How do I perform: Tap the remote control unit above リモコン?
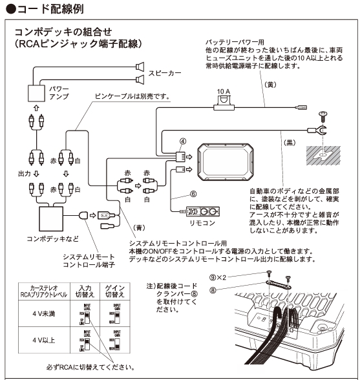(202, 212)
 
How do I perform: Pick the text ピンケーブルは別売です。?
(132, 96)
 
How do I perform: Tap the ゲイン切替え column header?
(113, 290)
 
